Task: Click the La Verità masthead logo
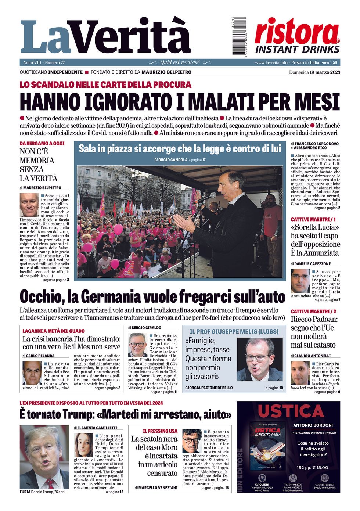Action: coord(105,37)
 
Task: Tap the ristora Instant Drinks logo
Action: coord(297,35)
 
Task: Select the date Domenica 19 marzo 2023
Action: coord(314,72)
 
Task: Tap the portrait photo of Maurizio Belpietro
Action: coord(29,205)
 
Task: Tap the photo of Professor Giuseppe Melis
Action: coord(260,359)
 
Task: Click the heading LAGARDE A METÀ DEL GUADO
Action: coord(54,331)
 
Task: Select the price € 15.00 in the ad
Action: coord(317,468)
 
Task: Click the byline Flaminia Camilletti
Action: coord(97,428)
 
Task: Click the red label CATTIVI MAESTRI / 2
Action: coord(313,311)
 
